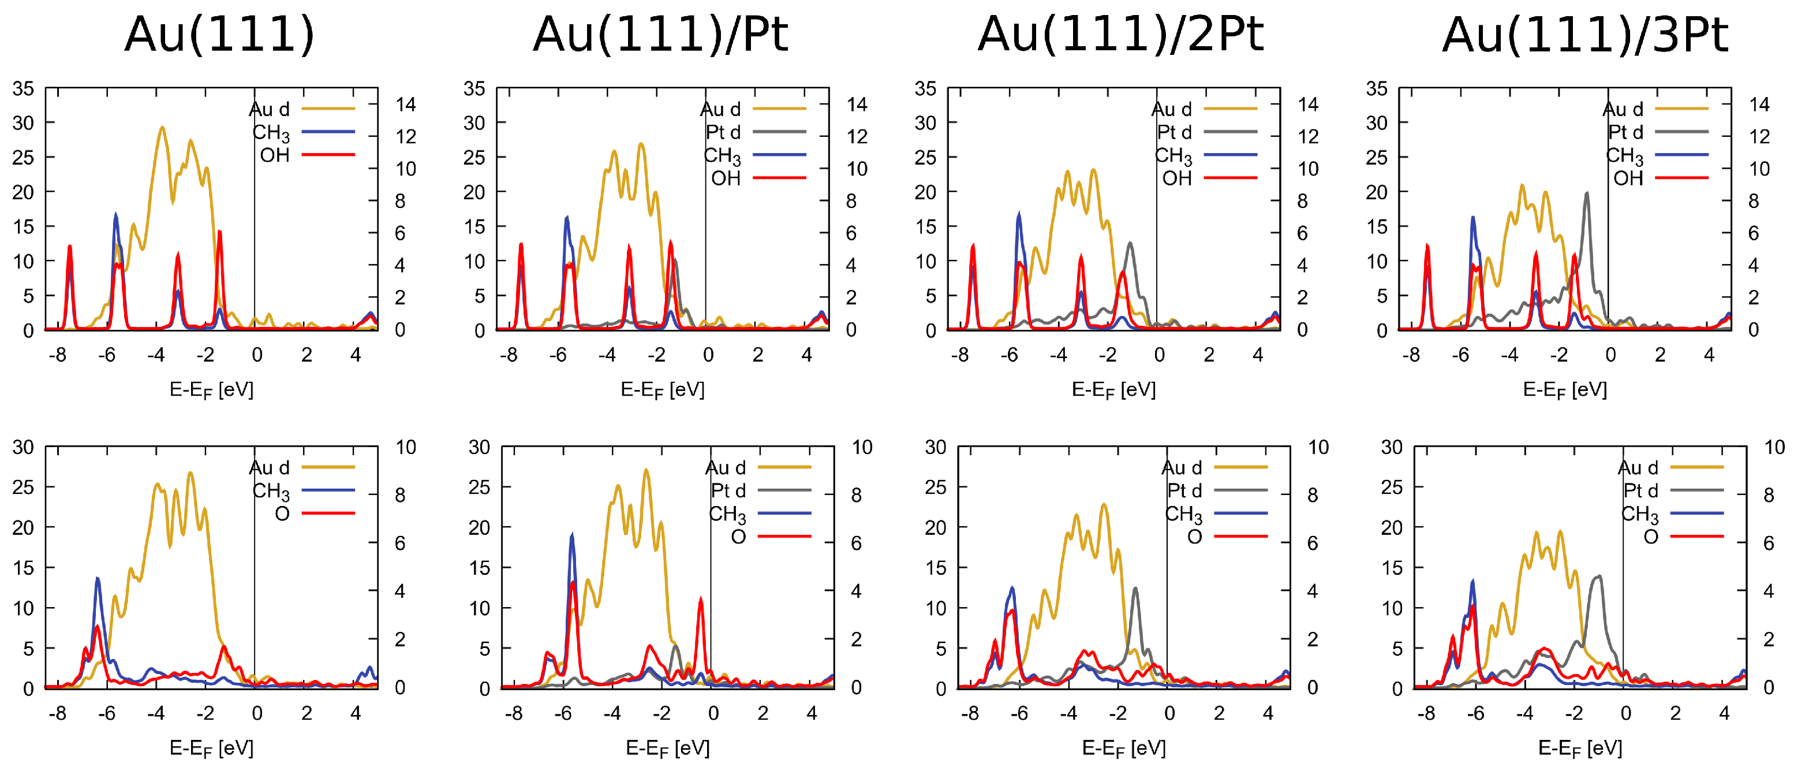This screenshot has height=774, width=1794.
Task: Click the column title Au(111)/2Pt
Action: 1120,35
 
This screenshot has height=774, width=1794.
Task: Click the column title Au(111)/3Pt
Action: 1584,35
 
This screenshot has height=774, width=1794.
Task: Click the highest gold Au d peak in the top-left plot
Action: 162,128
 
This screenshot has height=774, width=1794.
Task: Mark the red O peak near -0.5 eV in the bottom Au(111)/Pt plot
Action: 701,601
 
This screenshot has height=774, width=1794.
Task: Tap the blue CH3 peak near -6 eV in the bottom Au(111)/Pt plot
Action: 572,537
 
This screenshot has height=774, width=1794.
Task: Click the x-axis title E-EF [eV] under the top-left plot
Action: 211,389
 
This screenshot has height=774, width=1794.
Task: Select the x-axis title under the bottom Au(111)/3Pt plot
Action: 1579,748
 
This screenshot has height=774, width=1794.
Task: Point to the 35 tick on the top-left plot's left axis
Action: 23,89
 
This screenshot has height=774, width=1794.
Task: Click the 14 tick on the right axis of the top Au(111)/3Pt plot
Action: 1759,105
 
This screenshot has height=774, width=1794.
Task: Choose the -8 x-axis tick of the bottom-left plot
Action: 57,713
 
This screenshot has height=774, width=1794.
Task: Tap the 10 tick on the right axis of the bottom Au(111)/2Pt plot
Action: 1318,447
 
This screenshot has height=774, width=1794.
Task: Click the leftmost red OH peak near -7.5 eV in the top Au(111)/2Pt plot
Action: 973,247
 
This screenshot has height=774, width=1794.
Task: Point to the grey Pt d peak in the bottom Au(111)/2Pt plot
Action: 1135,589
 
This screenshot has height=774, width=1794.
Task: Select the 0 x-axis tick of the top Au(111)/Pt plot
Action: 708,355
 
